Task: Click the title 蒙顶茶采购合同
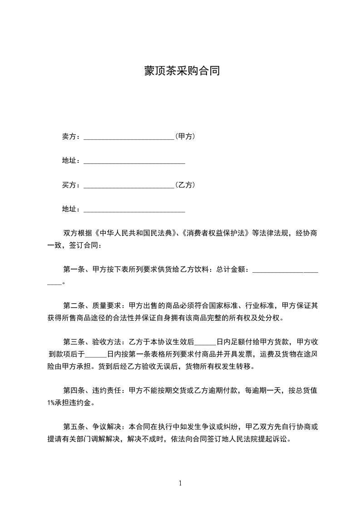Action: [x=182, y=71]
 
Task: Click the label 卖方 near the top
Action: [x=69, y=136]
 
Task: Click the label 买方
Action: [x=69, y=185]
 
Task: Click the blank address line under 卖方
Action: [x=134, y=162]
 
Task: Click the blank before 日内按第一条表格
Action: [x=96, y=355]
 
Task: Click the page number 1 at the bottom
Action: [x=180, y=483]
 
